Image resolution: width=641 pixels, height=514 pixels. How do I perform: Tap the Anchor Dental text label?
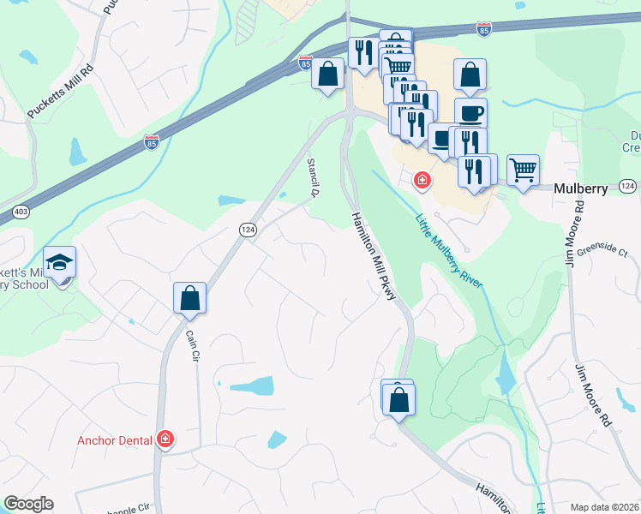click(x=114, y=440)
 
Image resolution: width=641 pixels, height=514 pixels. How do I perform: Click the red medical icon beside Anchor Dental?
click(x=165, y=440)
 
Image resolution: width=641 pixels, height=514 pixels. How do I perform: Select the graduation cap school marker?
click(x=60, y=262)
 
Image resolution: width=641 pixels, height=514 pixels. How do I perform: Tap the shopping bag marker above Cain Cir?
click(x=190, y=299)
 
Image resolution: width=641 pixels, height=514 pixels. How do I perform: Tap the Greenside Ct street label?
click(x=602, y=251)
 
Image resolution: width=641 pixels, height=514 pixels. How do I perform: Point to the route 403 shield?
click(x=21, y=210)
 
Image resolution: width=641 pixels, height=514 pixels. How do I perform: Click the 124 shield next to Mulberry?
click(x=626, y=186)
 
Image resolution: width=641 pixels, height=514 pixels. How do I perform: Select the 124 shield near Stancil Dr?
click(x=247, y=230)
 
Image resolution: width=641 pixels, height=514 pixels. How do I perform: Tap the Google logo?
click(x=28, y=504)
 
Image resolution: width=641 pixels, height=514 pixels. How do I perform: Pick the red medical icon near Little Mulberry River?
click(x=422, y=180)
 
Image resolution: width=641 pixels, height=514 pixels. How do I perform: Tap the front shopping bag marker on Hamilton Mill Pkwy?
click(x=399, y=400)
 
